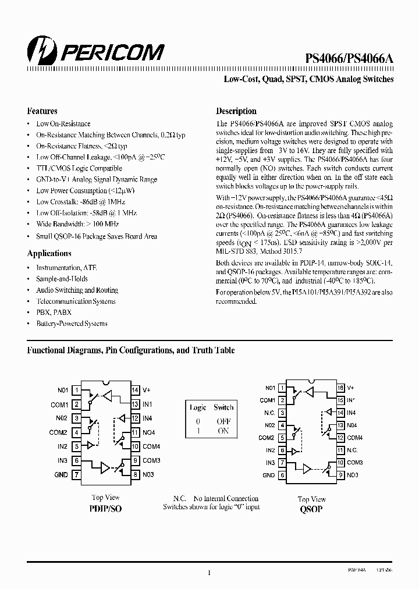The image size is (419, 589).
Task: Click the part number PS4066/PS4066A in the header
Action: click(x=350, y=58)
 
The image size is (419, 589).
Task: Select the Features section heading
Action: click(x=42, y=111)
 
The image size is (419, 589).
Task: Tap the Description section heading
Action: click(x=236, y=111)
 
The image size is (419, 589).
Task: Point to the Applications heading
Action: click(x=49, y=253)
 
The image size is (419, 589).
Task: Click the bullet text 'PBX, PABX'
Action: click(x=53, y=312)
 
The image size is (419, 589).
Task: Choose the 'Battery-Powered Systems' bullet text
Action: click(x=72, y=324)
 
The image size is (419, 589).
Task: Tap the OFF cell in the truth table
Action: click(x=223, y=421)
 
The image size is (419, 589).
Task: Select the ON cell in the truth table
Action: click(x=223, y=431)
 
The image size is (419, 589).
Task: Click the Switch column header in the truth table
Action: click(x=223, y=407)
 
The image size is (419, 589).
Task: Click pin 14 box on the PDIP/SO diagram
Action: click(x=135, y=390)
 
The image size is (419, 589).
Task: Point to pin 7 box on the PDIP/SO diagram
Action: click(x=76, y=475)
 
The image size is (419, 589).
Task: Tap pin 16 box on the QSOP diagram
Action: click(x=340, y=388)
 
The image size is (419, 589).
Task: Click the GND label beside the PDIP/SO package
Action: click(x=61, y=475)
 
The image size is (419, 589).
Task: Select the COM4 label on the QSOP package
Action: click(x=355, y=438)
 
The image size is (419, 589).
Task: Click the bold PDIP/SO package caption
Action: click(x=106, y=508)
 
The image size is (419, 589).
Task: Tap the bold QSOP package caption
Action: click(x=312, y=509)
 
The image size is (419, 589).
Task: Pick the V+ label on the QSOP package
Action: click(x=350, y=388)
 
